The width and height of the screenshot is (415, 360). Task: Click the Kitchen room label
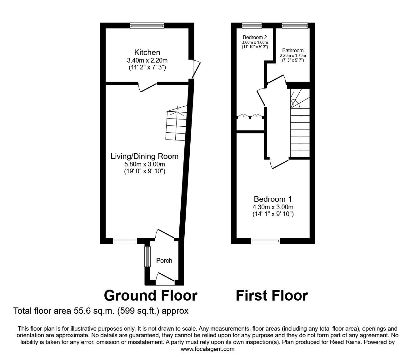coord(147,53)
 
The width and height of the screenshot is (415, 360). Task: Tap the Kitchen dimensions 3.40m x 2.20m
coord(147,60)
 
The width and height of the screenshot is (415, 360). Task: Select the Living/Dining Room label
coord(144,156)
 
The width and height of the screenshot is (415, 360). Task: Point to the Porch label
coord(164,261)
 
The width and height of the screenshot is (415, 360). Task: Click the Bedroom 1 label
coord(273,199)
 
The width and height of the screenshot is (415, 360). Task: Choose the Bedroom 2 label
coord(255,37)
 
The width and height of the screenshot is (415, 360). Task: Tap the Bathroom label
coord(293,50)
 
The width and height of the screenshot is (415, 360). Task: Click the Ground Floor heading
coord(150,295)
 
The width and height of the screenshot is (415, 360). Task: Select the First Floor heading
coord(272,295)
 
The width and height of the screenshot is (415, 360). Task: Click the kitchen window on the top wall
coord(147,26)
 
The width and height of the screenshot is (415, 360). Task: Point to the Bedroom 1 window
coord(265,241)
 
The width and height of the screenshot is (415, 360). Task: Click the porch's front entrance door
coord(165,279)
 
